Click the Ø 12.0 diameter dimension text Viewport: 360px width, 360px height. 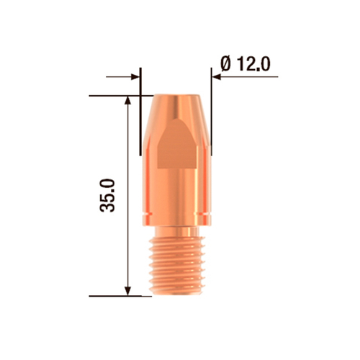(x=243, y=63)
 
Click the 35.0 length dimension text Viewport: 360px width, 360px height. (x=109, y=196)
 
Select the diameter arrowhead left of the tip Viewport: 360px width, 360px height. (x=136, y=75)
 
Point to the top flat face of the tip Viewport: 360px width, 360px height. (x=176, y=96)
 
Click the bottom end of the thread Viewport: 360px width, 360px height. (x=176, y=294)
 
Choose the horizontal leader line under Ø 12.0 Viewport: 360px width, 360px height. (x=245, y=75)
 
